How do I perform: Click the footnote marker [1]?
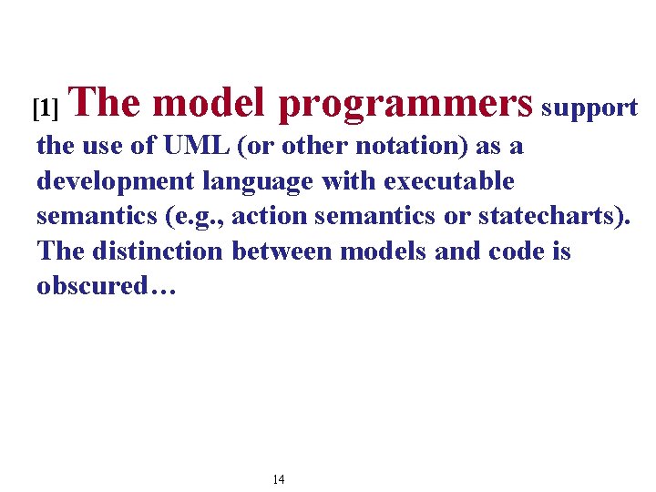tap(45, 109)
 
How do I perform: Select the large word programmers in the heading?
tap(405, 105)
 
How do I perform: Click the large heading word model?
tap(209, 103)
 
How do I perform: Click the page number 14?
tap(279, 479)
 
